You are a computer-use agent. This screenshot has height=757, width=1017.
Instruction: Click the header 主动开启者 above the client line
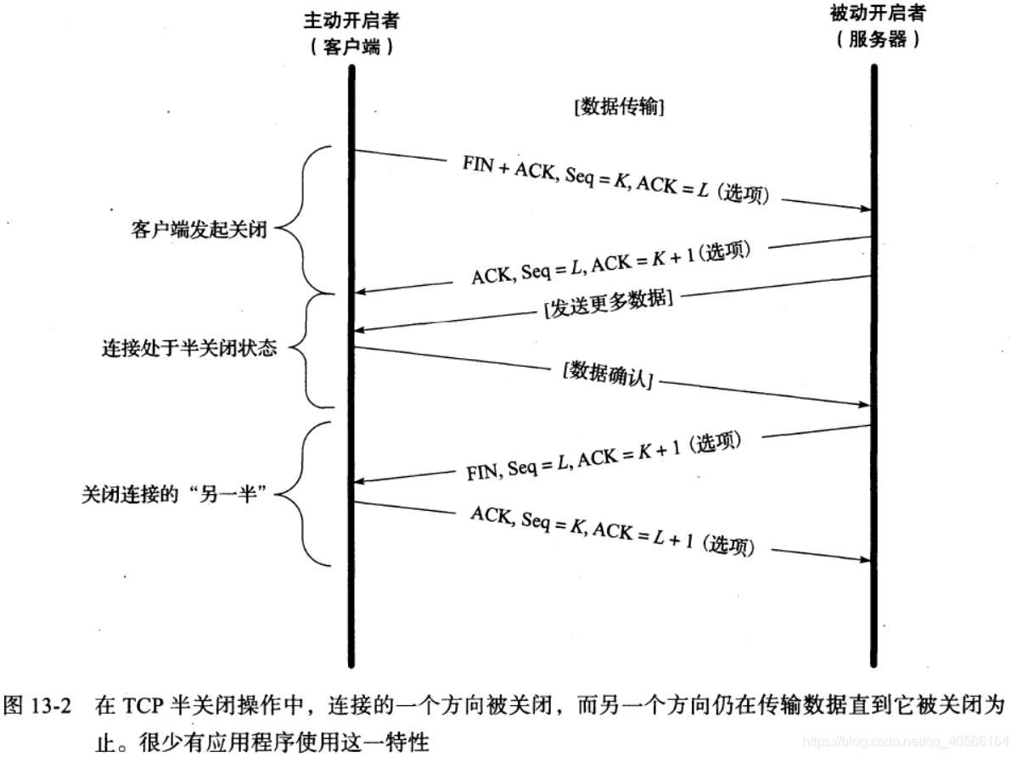(x=351, y=20)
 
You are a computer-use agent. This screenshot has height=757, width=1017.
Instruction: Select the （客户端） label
(x=351, y=48)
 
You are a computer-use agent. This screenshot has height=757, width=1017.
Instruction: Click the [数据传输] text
(x=618, y=108)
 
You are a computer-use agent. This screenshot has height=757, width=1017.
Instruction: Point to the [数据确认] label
(x=607, y=375)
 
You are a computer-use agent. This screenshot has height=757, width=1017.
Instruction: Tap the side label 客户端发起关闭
(x=199, y=230)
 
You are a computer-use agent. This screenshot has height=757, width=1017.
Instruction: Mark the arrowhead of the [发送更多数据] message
(x=360, y=329)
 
